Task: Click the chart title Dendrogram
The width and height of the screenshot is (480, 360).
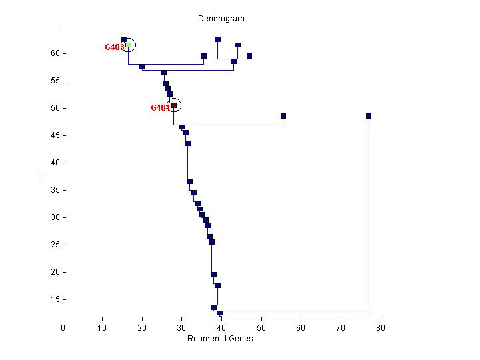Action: [x=221, y=19]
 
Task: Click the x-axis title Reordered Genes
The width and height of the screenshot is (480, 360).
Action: [x=221, y=339]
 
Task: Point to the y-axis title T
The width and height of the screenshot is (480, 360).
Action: [x=41, y=175]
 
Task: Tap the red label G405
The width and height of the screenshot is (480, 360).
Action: [x=114, y=47]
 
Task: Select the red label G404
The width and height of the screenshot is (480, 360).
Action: [x=160, y=108]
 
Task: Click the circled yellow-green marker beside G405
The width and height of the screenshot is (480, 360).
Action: [x=129, y=45]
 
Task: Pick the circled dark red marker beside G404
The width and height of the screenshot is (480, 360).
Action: [x=174, y=105]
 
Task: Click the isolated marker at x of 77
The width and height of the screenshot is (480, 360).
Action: [x=369, y=116]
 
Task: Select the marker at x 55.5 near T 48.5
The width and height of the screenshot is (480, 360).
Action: [x=283, y=116]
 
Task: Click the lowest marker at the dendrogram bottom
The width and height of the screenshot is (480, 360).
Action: [x=219, y=313]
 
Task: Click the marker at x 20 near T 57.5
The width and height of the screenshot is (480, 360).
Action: [x=142, y=67]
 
